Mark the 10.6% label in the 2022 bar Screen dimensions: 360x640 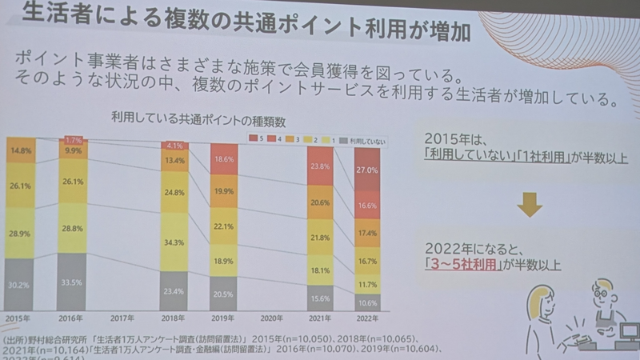[x=367, y=302]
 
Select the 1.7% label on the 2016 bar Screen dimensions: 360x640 [x=74, y=140]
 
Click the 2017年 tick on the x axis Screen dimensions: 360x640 [x=122, y=318]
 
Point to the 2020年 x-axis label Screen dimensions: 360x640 [x=272, y=318]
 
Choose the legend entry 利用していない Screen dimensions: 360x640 [x=367, y=141]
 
